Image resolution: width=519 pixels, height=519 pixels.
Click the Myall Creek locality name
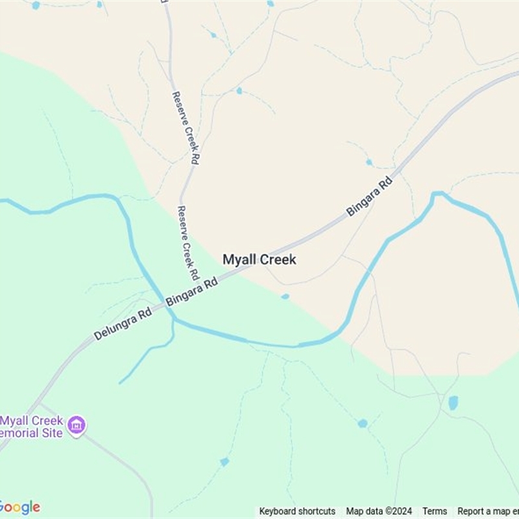coord(259,259)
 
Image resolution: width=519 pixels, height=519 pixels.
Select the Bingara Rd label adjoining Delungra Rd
coord(191,293)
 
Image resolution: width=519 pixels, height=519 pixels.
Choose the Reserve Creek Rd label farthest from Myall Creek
coord(185,127)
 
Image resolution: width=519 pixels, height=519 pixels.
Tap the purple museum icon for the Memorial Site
coord(77,426)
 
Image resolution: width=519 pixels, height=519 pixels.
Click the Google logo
coord(19,507)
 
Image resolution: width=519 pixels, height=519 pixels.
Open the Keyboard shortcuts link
coord(297,511)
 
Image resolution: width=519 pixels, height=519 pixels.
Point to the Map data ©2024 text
coord(379,511)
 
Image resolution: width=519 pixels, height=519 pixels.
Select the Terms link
coord(435,511)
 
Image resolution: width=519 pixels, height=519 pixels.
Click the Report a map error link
coord(488,511)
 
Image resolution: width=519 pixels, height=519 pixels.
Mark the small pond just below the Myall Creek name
coord(285,296)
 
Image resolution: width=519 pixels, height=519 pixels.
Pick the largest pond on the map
coord(453,403)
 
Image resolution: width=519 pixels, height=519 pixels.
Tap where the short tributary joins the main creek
coord(174,320)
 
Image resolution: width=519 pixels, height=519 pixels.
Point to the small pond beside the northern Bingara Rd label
coord(368,162)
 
